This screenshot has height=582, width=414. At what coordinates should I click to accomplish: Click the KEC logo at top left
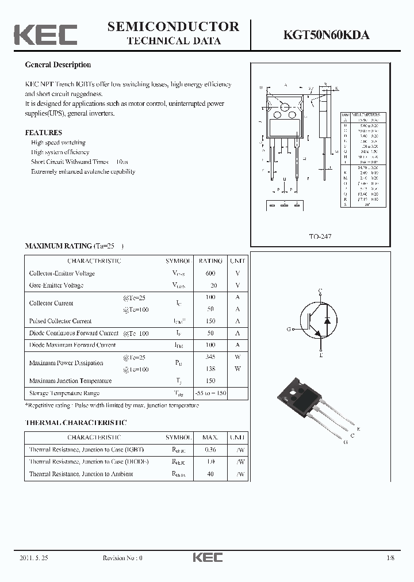[45, 35]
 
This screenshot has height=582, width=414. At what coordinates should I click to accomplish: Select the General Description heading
[57, 65]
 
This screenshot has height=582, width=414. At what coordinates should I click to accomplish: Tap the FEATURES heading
[43, 133]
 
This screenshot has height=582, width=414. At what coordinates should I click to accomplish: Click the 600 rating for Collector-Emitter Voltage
[210, 273]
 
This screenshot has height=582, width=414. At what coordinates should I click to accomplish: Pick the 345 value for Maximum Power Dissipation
[210, 357]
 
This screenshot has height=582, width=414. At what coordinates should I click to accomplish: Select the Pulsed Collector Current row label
[60, 321]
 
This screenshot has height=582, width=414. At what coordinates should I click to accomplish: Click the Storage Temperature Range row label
[64, 393]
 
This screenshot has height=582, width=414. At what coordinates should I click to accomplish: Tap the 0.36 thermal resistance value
[210, 450]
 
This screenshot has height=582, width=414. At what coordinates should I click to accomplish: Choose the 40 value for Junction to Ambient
[210, 474]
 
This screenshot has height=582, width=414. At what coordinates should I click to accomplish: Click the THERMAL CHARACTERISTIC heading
[75, 423]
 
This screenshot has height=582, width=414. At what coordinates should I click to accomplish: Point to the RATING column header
[210, 261]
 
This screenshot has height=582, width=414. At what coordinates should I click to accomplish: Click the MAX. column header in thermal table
[210, 438]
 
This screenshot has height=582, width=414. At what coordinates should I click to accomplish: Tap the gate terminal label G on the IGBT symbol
[289, 330]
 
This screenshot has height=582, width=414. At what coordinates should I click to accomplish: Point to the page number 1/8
[391, 558]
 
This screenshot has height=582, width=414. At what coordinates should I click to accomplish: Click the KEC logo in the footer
[207, 557]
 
